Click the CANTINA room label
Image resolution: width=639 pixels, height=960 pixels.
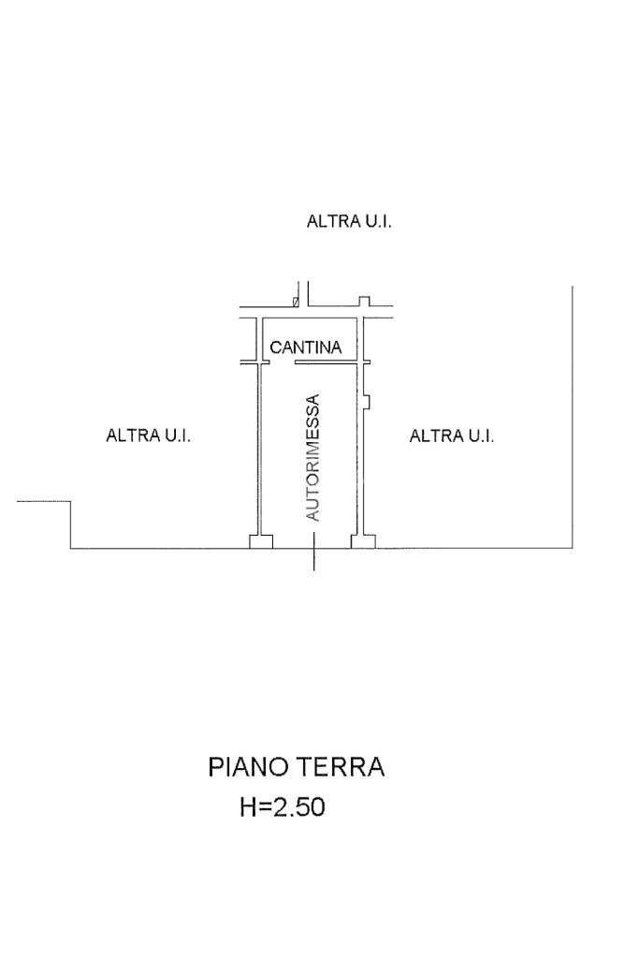pos(306,347)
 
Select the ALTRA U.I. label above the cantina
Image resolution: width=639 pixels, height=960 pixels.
pos(349,222)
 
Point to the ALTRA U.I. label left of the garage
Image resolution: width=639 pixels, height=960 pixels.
pos(149,436)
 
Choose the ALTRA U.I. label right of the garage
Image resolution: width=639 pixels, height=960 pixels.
pos(452,436)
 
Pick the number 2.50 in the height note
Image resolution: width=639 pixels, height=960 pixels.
pos(297,807)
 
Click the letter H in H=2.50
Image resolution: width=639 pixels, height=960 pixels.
pos(249,807)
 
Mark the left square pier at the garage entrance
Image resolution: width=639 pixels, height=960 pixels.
pos(261,541)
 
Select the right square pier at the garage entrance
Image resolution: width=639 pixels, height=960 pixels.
pos(362,541)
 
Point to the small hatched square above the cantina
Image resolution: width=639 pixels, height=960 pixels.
pos(296,302)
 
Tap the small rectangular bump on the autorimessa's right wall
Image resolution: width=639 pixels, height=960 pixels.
pos(368,402)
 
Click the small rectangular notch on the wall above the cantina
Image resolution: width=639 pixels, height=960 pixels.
pos(366,301)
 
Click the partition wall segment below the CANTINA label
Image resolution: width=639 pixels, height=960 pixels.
pos(327,362)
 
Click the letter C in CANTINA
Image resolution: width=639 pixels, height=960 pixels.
pos(277,347)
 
